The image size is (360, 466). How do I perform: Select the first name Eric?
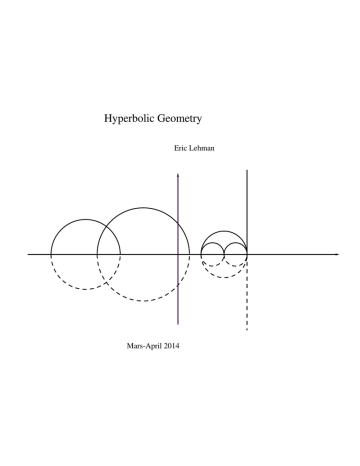[180, 148]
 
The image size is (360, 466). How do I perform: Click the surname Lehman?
[201, 148]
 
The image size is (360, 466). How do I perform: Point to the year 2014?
[171, 346]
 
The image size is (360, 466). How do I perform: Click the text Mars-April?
[144, 346]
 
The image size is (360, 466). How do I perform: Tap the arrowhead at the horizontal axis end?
[337, 254]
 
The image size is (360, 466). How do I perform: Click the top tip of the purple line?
[178, 173]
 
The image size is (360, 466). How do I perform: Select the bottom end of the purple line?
[178, 324]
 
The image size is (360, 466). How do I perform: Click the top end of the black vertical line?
[247, 170]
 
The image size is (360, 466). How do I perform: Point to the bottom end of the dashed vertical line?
[247, 330]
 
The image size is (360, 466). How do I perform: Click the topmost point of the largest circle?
[143, 208]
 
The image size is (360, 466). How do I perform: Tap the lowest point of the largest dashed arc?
[143, 301]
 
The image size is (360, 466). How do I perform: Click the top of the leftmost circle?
[85, 219]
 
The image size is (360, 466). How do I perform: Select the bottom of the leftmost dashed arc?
[85, 289]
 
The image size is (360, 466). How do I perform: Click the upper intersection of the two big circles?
[106, 226]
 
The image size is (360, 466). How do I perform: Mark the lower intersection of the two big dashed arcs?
[106, 282]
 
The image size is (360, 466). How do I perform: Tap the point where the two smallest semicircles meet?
[224, 254]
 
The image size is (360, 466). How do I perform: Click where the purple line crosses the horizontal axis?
[178, 254]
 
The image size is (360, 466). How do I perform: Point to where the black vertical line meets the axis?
[247, 254]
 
